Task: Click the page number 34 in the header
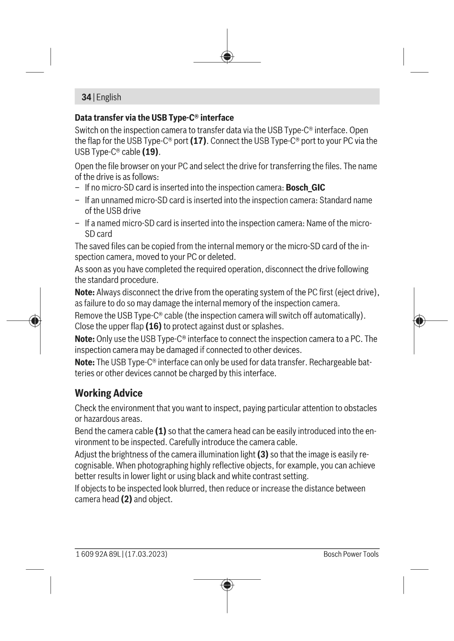point(86,97)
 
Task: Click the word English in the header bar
point(109,97)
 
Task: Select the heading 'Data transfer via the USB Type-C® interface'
point(154,118)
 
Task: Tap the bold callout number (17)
point(198,141)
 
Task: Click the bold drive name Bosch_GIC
point(305,187)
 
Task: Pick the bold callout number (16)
point(153,326)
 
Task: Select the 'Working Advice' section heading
point(109,393)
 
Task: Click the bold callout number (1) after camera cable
point(160,431)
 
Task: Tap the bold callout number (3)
point(263,455)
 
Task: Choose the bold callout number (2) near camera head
point(126,500)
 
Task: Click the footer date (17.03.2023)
point(146,554)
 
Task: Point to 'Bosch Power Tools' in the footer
point(351,554)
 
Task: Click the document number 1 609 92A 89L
point(98,554)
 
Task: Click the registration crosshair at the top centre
point(227,57)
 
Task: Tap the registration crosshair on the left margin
point(35,321)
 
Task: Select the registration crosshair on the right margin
point(419,321)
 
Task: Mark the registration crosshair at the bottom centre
point(227,585)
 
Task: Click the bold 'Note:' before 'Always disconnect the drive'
point(85,292)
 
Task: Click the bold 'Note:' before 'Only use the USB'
point(85,339)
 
